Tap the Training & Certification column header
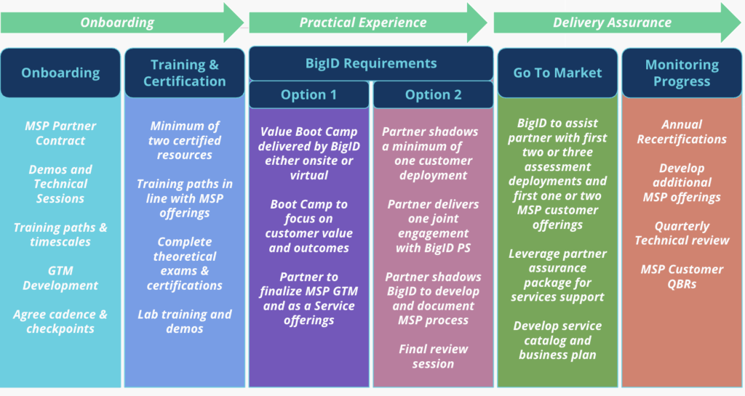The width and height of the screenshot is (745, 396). click(185, 73)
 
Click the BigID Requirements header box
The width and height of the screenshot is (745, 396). click(371, 63)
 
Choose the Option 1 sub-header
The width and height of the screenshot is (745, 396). click(308, 95)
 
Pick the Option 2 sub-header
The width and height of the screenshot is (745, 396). click(434, 95)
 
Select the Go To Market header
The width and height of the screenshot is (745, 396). click(557, 73)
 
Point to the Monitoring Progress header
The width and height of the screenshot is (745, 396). click(682, 73)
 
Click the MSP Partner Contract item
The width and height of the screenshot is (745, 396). click(60, 133)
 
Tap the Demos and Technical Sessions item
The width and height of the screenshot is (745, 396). click(60, 184)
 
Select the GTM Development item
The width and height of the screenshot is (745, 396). click(60, 278)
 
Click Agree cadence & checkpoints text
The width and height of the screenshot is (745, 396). click(60, 322)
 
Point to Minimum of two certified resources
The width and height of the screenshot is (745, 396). click(185, 140)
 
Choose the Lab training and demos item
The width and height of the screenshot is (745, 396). click(185, 322)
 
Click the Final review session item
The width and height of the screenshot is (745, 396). click(434, 356)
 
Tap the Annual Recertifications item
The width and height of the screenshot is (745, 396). click(682, 132)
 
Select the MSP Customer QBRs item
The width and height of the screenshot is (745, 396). click(682, 277)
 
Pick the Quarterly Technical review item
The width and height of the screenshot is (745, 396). click(682, 233)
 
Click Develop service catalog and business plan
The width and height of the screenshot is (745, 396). click(557, 341)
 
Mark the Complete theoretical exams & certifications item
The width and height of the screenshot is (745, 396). click(185, 264)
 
